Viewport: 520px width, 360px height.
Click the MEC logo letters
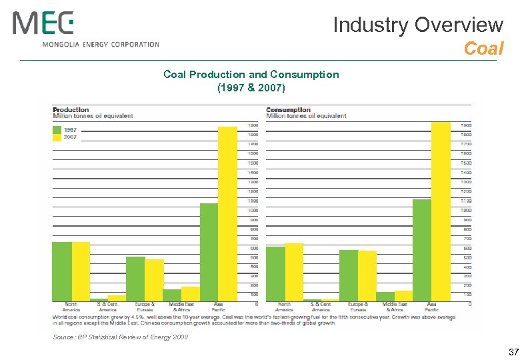43,25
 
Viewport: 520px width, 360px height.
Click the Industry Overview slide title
417,25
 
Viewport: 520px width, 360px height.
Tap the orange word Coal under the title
483,49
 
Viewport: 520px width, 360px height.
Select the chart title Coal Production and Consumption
251,75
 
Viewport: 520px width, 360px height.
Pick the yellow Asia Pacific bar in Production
228,213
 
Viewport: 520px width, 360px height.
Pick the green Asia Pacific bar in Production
209,252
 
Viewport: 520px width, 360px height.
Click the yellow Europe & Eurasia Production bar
154,280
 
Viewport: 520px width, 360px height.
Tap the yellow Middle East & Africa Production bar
191,294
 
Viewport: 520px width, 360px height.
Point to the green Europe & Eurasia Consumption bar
349,275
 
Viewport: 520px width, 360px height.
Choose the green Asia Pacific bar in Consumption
422,250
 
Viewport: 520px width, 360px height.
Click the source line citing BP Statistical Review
121,337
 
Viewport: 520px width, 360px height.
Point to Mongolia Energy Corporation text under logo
101,45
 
